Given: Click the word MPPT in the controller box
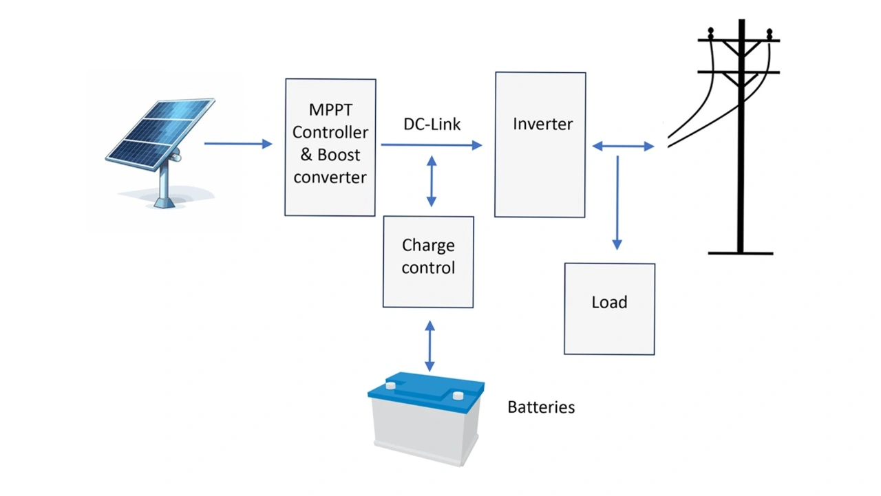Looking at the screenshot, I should click(330, 110).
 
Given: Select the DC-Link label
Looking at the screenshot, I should click(432, 125).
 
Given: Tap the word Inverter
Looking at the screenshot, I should click(542, 125).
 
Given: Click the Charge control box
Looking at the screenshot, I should click(428, 262).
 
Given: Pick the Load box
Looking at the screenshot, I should click(609, 309).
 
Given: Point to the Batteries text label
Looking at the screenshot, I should click(541, 407).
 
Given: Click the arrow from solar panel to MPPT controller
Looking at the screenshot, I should click(238, 144).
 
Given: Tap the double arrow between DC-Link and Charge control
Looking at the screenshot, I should click(432, 181).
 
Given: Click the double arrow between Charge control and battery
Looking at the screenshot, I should click(430, 346).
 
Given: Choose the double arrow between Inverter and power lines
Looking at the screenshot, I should click(623, 146).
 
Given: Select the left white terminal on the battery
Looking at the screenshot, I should click(391, 385).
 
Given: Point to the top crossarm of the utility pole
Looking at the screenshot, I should click(739, 41).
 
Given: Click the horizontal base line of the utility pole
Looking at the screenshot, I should click(741, 253).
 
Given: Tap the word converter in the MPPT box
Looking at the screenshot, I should click(330, 177).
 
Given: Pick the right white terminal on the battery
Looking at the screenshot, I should click(457, 395).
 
